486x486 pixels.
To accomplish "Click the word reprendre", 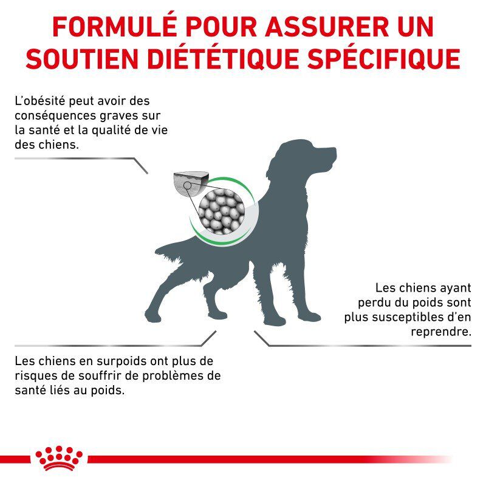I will [x=441, y=332].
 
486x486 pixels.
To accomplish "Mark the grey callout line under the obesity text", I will [x=79, y=159].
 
